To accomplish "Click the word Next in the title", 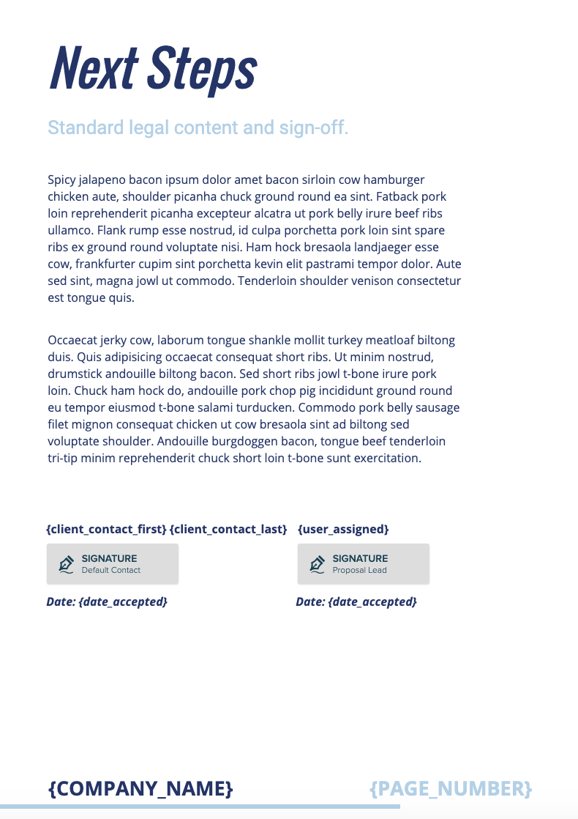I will tap(94, 67).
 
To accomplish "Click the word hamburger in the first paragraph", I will tap(394, 179).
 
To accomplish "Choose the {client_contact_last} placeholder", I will tap(228, 529).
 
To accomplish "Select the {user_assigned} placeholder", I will tap(343, 529).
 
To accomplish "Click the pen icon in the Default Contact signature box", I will tap(67, 564).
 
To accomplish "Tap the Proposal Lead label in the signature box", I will tap(359, 570).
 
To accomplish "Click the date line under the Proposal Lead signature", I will tap(356, 601).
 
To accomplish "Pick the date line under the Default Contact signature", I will tap(107, 601).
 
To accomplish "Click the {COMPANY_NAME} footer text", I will tap(140, 788).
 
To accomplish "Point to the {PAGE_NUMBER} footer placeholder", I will tap(451, 788).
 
